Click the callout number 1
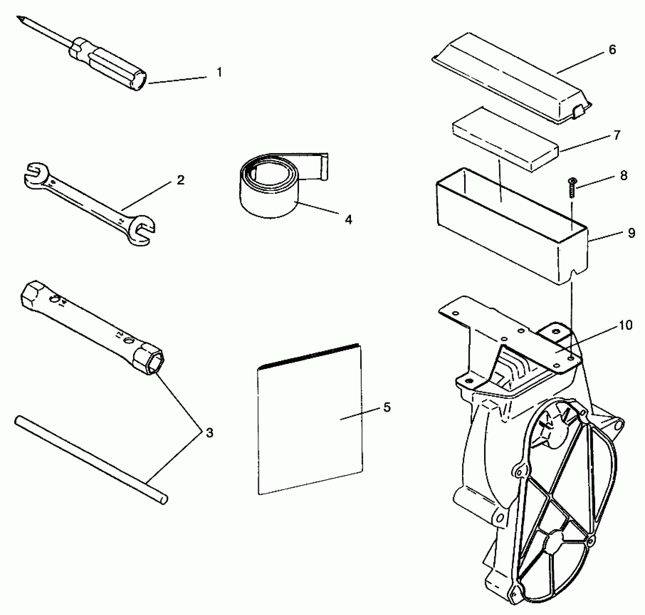tap(219, 73)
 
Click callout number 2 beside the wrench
tap(180, 180)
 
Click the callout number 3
tap(209, 433)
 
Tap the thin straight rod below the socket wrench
tap(90, 459)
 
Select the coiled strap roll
tap(269, 188)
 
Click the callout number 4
tap(348, 220)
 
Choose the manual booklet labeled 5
tap(309, 420)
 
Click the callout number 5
tap(387, 408)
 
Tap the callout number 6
tap(612, 50)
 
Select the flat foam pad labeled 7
tap(504, 139)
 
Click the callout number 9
tap(632, 233)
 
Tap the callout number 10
tap(626, 326)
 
